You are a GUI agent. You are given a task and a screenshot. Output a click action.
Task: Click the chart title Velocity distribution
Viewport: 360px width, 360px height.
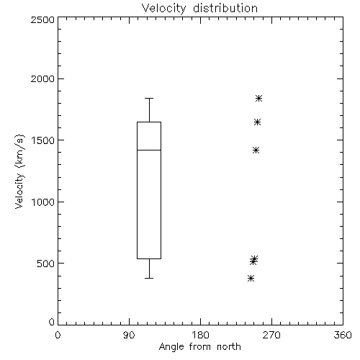(199, 9)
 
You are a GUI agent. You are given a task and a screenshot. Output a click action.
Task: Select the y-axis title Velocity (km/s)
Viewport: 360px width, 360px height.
(19, 171)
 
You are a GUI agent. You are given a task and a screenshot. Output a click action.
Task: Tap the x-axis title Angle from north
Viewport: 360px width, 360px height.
(199, 346)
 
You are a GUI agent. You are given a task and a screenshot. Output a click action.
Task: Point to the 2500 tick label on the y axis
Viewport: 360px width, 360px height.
(42, 19)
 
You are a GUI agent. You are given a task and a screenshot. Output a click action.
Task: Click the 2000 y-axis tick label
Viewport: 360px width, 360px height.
(42, 78)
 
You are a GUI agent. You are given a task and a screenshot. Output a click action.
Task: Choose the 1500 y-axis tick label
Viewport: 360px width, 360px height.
(43, 140)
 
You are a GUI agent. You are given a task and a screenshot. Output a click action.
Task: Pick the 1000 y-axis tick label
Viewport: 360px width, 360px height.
(43, 202)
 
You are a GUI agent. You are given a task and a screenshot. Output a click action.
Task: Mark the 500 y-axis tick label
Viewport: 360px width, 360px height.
(46, 264)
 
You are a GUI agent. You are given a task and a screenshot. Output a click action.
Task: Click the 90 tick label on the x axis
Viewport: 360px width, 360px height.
(129, 335)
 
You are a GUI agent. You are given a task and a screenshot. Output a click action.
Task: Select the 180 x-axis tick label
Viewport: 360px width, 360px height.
(200, 335)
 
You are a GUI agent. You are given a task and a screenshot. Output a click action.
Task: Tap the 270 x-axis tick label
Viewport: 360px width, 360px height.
(271, 335)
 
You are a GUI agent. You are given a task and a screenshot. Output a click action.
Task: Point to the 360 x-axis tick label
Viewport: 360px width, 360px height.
(343, 335)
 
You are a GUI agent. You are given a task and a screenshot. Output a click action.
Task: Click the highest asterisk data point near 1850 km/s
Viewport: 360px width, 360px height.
(258, 98)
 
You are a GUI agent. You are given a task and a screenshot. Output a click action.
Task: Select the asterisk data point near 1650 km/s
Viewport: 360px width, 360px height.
(257, 122)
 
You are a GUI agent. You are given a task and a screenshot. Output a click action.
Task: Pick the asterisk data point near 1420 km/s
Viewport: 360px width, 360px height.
(256, 150)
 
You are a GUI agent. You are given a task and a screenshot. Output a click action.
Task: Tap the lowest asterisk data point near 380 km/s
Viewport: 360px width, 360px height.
(251, 279)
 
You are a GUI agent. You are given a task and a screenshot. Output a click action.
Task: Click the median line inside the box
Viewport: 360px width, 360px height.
(149, 150)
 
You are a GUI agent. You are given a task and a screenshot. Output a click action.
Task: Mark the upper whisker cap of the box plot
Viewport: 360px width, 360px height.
(149, 98)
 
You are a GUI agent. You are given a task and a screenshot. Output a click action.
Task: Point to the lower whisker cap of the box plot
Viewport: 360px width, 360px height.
(149, 278)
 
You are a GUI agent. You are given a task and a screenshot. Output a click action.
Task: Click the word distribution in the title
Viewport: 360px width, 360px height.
(225, 9)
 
